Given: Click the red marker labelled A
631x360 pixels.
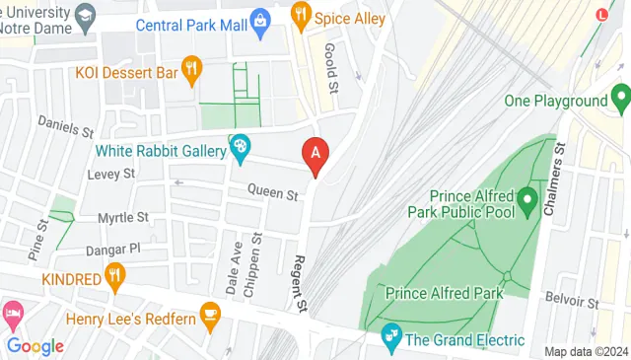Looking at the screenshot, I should pos(315,155).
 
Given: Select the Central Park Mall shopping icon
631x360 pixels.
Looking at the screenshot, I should pos(259,19).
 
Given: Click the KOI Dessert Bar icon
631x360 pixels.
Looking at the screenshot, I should pos(191,69).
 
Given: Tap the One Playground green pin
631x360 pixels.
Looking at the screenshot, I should pos(619,98).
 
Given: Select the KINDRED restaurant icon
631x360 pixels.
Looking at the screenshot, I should pos(116,277).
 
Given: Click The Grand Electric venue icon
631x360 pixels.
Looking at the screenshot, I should pos(391,338).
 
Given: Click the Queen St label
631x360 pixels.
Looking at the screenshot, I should pos(272,194).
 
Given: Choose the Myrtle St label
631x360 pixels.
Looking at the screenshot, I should pos(122,217).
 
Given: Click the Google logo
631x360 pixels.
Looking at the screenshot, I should pos(35,345).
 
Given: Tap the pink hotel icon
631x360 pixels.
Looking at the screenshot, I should pos(11,316).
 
